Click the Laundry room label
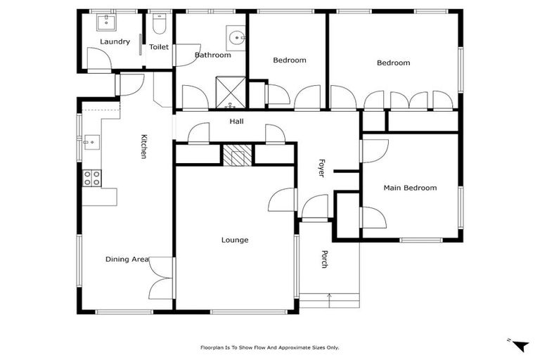click(x=115, y=41)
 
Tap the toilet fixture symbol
click(x=159, y=26)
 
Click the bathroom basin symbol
click(x=236, y=37)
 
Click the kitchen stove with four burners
click(x=92, y=178)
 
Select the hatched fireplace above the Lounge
click(x=237, y=154)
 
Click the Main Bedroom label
click(x=409, y=188)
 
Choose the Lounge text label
click(x=235, y=240)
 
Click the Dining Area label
click(x=127, y=259)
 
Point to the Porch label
click(x=325, y=259)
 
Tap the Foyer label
click(x=321, y=167)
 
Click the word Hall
click(x=236, y=122)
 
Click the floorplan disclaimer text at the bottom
click(x=270, y=347)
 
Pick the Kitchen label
click(x=143, y=146)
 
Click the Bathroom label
click(x=212, y=55)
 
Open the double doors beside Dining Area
click(x=161, y=277)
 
